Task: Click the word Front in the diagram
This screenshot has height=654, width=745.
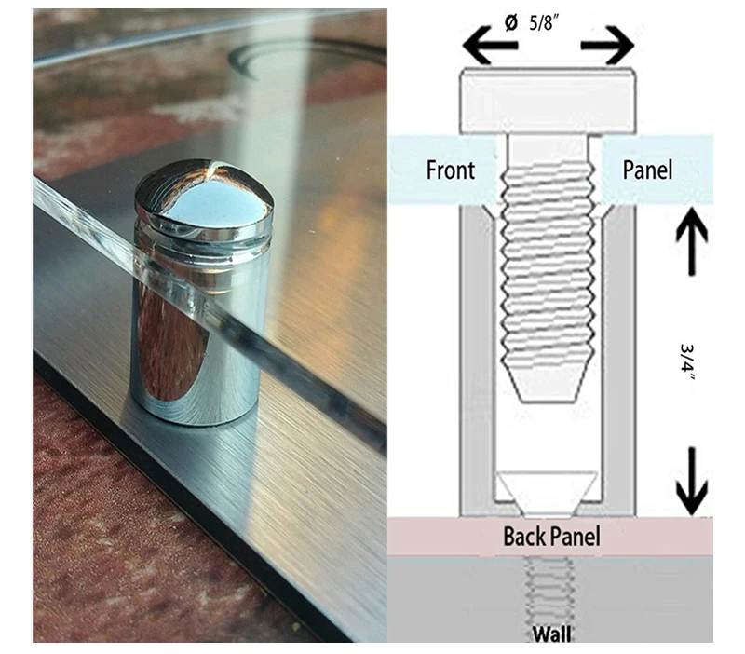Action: pyautogui.click(x=451, y=170)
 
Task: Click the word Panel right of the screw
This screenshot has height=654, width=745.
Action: pyautogui.click(x=647, y=170)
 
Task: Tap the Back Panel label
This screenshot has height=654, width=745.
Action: pyautogui.click(x=551, y=537)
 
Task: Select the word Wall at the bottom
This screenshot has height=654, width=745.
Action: pyautogui.click(x=552, y=635)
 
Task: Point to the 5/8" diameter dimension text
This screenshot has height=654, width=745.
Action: pyautogui.click(x=545, y=24)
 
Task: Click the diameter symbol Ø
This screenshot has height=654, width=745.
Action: pyautogui.click(x=510, y=23)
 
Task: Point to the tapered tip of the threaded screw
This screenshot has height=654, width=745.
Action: pyautogui.click(x=549, y=387)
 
